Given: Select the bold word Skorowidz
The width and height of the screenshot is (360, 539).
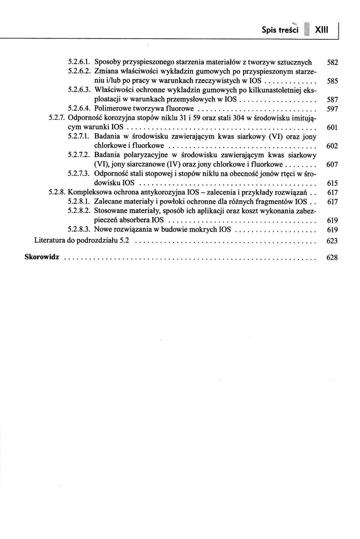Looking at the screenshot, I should pos(42,257).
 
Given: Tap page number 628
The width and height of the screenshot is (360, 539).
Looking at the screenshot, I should pos(332,258).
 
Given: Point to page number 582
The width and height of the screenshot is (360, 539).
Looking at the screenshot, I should pos(332,62).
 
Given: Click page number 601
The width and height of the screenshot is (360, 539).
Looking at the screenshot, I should pos(332,127).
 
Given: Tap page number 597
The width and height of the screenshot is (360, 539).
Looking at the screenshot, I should pos(332,109).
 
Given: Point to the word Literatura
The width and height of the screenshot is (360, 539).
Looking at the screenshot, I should pos(50,241).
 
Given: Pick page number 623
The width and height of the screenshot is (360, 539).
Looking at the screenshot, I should pos(332,241).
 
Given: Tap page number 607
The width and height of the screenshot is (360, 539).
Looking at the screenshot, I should pos(332,165).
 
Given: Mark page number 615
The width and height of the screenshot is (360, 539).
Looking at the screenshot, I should pos(332,183).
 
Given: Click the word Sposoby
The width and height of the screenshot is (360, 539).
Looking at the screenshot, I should pos(108,62).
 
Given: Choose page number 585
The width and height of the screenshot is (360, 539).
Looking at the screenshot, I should pos(332,81).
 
